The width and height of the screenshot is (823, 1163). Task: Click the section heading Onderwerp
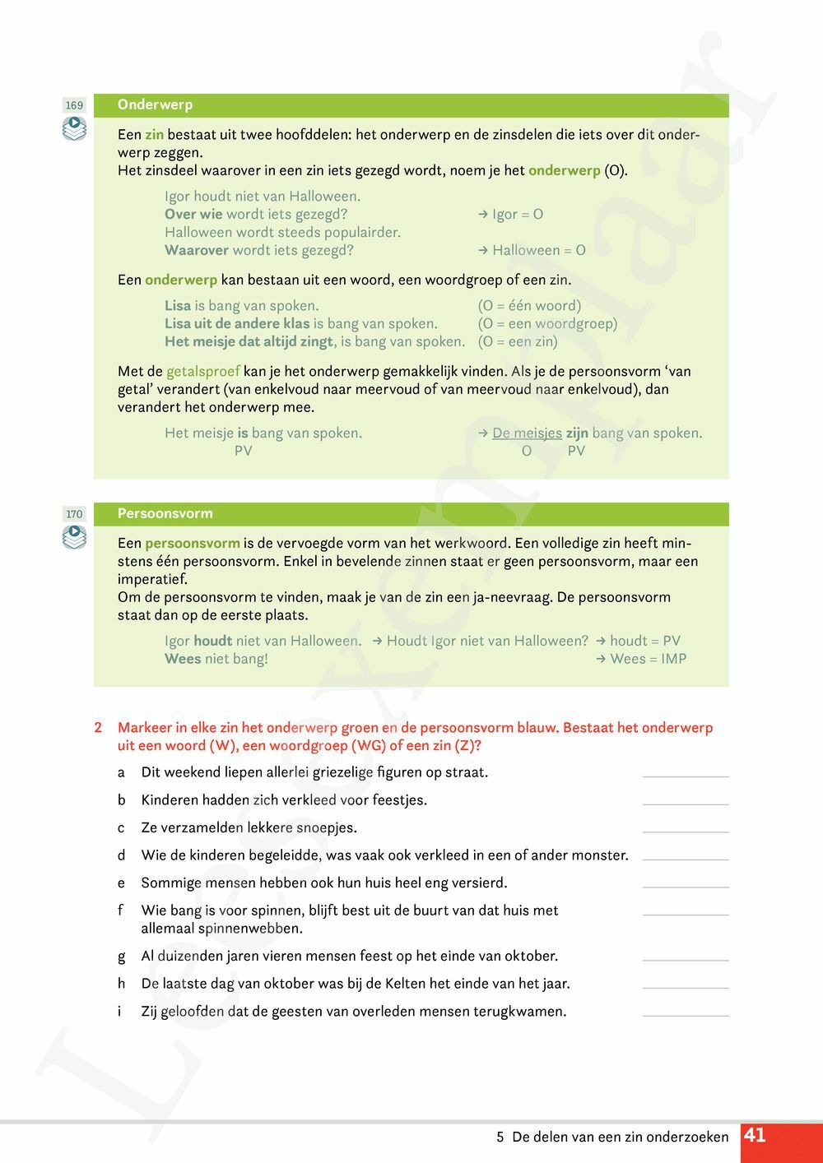[155, 104]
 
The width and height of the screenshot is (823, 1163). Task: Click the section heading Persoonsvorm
[165, 513]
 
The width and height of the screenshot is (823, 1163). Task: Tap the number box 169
[74, 105]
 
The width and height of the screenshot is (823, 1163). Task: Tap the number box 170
[74, 514]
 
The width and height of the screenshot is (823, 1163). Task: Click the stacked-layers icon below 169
[74, 128]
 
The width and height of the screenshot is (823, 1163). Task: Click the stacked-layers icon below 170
[74, 537]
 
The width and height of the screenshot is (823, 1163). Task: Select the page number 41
[755, 1136]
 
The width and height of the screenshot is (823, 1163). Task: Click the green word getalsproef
[202, 371]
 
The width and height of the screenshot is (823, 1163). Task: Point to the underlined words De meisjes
[527, 433]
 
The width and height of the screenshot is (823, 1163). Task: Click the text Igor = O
[517, 214]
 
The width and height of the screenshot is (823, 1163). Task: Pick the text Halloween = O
[538, 250]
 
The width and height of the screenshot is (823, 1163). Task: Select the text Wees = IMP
[648, 658]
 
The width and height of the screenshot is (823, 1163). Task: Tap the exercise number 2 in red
[98, 727]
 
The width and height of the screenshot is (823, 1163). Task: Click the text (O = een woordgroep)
[547, 323]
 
